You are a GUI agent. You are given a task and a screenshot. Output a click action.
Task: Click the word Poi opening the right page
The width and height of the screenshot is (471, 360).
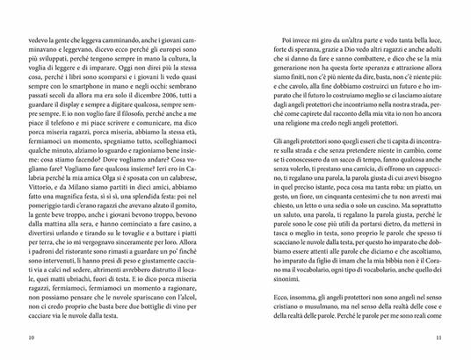point(282,41)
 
